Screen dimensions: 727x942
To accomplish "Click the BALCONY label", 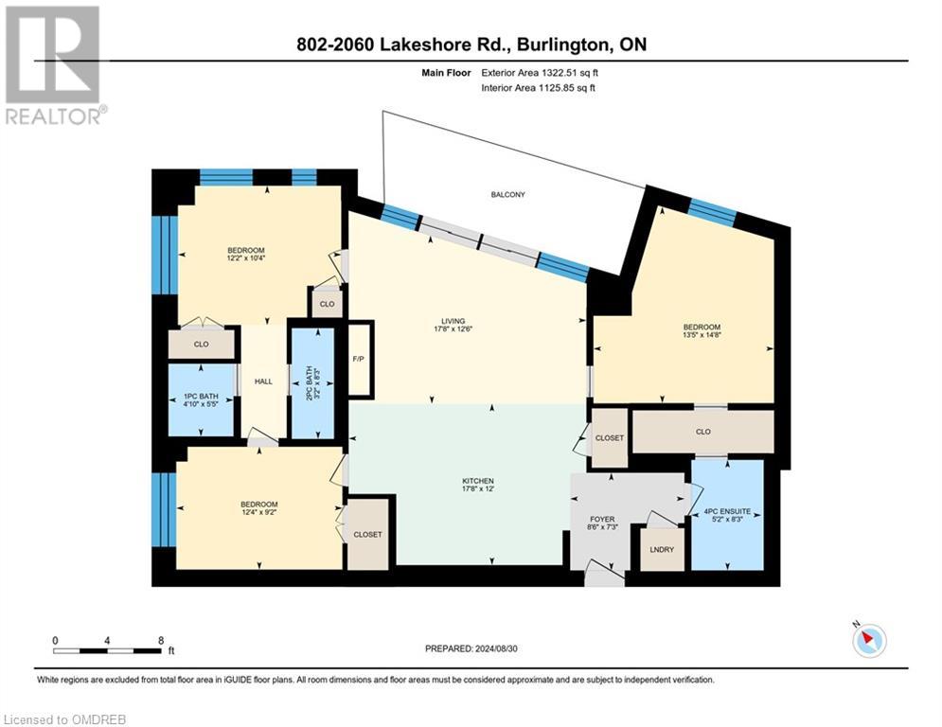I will tap(507, 194).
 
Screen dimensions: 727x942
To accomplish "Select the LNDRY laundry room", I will tap(662, 549).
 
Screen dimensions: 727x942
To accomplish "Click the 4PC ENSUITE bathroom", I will tap(727, 514).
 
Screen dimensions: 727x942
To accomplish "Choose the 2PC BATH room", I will tap(312, 382).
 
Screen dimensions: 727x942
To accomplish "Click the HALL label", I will tap(263, 381).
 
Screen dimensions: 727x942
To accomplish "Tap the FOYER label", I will tap(601, 520).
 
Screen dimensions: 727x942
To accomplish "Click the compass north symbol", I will tap(867, 641).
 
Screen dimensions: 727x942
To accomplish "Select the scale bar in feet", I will tap(107, 650).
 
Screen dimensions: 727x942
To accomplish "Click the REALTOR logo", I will tap(54, 66).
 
